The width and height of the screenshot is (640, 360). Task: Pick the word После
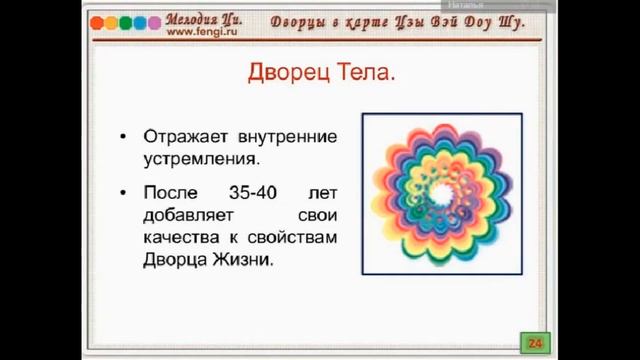170,192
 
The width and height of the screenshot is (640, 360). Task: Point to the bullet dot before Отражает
123,137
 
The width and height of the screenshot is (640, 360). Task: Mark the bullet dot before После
123,193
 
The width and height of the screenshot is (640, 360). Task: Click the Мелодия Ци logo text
204,17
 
